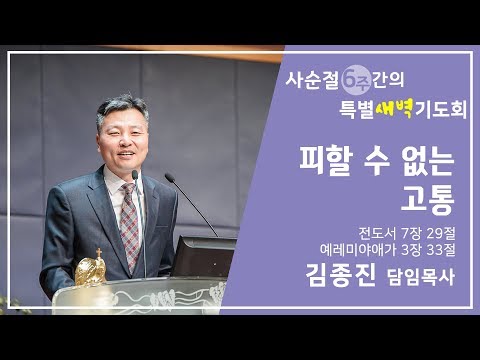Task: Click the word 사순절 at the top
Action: click(312, 77)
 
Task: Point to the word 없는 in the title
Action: click(425, 160)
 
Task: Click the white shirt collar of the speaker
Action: click(115, 180)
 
